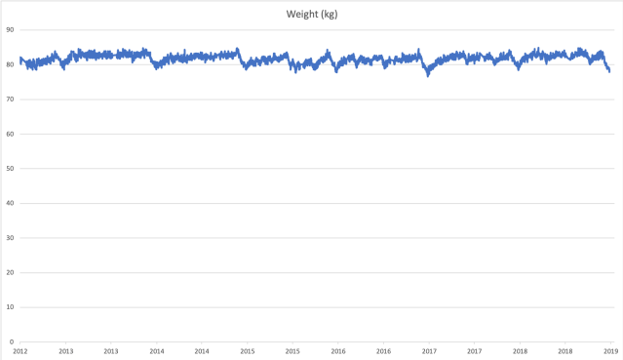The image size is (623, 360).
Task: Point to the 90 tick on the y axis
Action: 9,30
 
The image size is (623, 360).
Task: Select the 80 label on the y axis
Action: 9,64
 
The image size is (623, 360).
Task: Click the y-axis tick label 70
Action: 9,100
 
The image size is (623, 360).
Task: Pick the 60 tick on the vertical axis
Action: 9,134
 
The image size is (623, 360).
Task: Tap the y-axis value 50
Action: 9,169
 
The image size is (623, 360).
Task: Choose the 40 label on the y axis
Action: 9,203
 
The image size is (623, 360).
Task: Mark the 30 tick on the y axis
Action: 9,238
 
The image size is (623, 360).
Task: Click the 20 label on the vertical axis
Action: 9,272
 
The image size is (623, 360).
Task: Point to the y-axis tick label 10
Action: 9,307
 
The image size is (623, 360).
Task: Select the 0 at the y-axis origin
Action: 11,341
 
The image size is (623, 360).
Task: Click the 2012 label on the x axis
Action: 19,350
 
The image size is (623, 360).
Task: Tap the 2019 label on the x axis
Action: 609,350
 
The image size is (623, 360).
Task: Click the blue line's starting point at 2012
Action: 19,59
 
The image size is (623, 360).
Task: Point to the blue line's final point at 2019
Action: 609,71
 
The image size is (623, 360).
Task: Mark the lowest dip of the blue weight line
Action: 427,75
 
